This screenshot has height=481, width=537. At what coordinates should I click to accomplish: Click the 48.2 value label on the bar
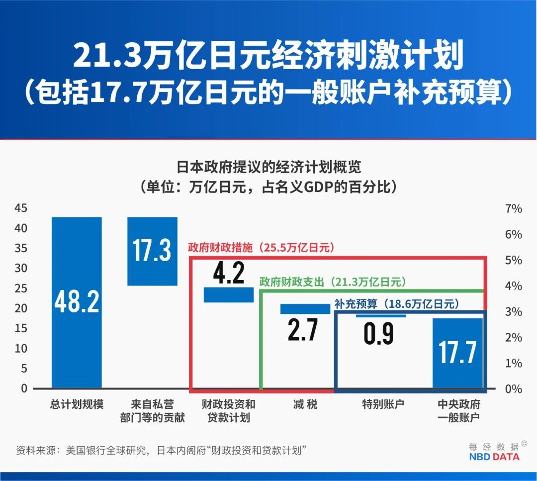click(77, 302)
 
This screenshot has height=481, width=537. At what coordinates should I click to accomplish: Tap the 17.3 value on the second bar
click(152, 250)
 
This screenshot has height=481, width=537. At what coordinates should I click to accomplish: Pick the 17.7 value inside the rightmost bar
click(457, 352)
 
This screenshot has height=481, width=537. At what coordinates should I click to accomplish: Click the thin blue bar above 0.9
click(381, 315)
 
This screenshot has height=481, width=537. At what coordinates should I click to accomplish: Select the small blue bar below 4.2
click(229, 294)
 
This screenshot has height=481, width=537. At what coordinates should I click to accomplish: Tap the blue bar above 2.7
click(305, 309)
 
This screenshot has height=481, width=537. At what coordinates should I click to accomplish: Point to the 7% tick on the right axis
click(513, 208)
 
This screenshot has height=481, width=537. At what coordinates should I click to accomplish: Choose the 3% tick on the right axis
click(513, 312)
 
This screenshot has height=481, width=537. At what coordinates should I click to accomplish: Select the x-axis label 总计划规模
click(77, 404)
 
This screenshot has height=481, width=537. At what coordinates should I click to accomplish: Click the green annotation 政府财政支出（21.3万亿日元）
click(333, 282)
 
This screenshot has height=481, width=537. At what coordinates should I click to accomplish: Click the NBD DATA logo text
click(494, 457)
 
